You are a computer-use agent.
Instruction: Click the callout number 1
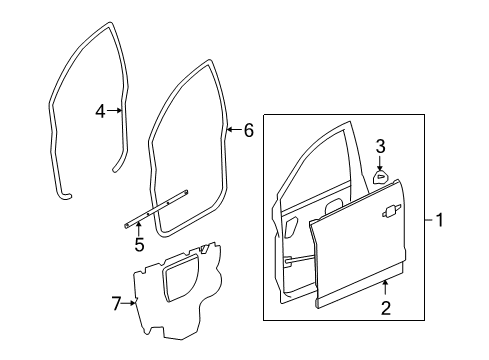click(x=440, y=222)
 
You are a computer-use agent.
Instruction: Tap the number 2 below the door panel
click(x=385, y=310)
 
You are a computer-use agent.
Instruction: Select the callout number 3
click(x=381, y=146)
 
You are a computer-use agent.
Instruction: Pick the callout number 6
click(x=249, y=129)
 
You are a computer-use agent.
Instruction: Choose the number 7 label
click(x=116, y=302)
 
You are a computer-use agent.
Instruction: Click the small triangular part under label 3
click(x=381, y=177)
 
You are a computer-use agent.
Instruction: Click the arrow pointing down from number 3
click(x=381, y=162)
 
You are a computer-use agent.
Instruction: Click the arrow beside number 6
click(x=233, y=129)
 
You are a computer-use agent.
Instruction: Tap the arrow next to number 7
click(x=133, y=301)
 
